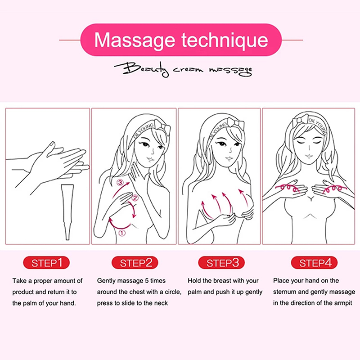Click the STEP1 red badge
(46, 262)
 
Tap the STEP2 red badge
(135, 262)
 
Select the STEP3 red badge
(221, 262)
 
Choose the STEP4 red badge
(314, 262)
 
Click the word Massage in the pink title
(135, 40)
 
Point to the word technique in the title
(225, 40)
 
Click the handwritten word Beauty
(142, 69)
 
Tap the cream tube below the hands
(67, 212)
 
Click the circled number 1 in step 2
(121, 233)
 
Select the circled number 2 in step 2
(135, 198)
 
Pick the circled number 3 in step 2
(120, 183)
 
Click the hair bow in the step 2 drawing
(162, 127)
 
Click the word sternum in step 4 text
(284, 292)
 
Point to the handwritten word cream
(188, 69)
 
